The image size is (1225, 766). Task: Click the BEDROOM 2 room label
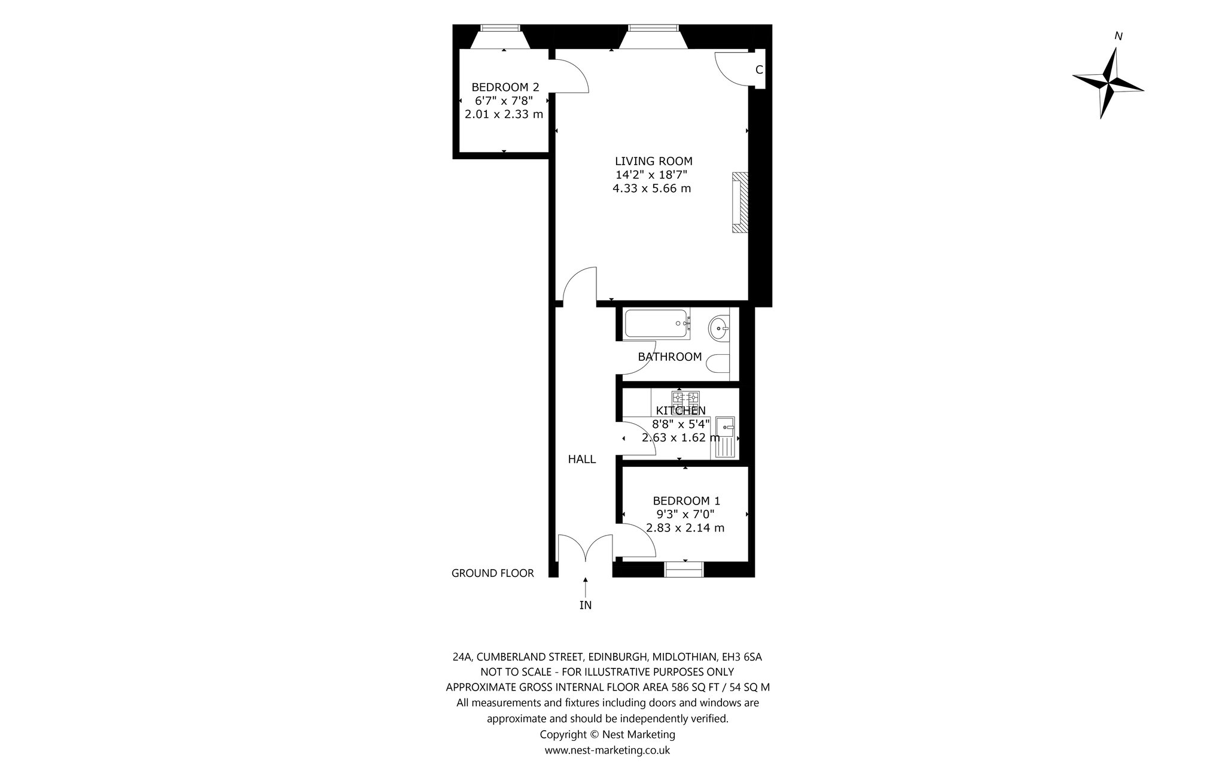pyautogui.click(x=505, y=87)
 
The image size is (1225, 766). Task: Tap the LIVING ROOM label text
pyautogui.click(x=654, y=161)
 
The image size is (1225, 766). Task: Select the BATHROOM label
pyautogui.click(x=670, y=357)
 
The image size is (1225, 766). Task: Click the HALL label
pyautogui.click(x=582, y=460)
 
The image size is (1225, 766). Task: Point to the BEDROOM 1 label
pyautogui.click(x=687, y=501)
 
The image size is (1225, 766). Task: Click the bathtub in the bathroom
pyautogui.click(x=657, y=324)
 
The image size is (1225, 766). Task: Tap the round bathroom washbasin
pyautogui.click(x=720, y=327)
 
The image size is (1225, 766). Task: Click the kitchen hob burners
pyautogui.click(x=685, y=398)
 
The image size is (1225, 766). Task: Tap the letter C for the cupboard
pyautogui.click(x=759, y=70)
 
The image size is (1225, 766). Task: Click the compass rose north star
pyautogui.click(x=1108, y=84)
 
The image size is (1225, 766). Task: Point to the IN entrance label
pyautogui.click(x=586, y=606)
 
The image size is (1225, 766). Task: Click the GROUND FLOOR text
pyautogui.click(x=492, y=573)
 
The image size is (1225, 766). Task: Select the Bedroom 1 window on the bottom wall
pyautogui.click(x=684, y=569)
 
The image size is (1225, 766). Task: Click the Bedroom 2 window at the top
pyautogui.click(x=501, y=28)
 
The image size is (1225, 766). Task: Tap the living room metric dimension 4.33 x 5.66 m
pyautogui.click(x=651, y=189)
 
